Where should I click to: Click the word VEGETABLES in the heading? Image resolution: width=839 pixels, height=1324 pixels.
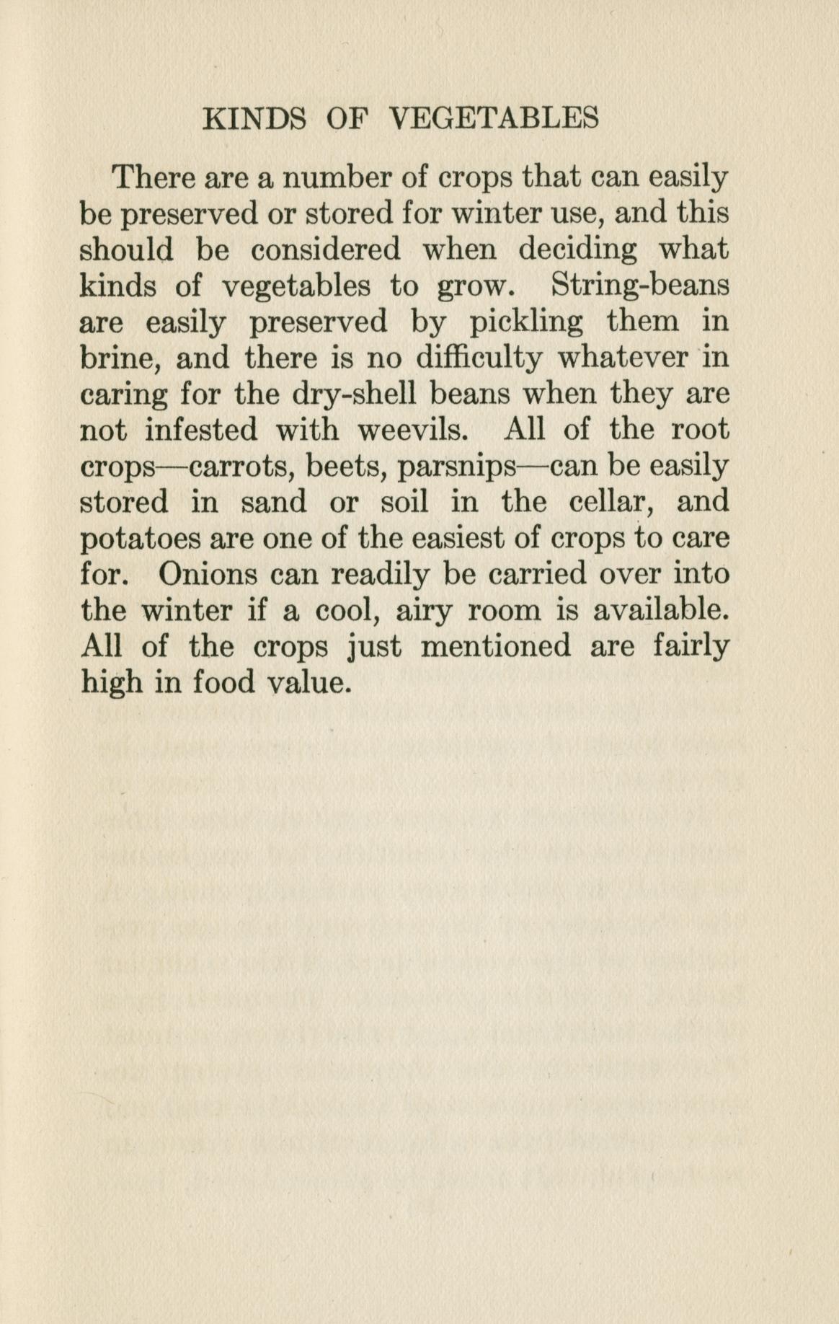pos(494,118)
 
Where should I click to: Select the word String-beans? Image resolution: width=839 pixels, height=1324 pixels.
pos(640,286)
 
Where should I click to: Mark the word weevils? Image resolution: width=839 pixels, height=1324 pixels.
pos(414,431)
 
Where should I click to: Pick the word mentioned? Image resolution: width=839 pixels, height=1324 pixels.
pos(495,646)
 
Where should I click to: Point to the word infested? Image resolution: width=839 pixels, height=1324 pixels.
pos(201,431)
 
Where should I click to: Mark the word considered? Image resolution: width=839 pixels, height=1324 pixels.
pos(326,250)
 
